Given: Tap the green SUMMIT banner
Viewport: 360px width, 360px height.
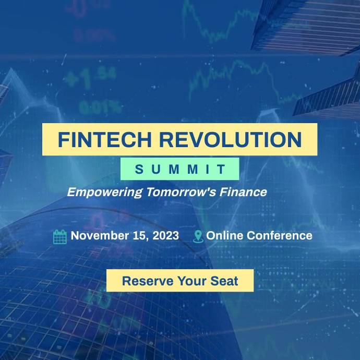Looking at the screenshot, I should (x=180, y=169).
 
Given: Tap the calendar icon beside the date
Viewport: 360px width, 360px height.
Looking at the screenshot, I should (x=60, y=236).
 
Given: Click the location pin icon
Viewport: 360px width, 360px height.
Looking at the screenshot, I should (x=198, y=236).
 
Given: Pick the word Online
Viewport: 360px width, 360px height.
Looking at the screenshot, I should (x=225, y=235).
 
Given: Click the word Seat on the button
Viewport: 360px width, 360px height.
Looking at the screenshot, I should (x=224, y=281).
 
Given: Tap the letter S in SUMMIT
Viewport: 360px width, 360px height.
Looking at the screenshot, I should (x=138, y=169).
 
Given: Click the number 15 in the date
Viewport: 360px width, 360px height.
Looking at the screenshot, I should (x=141, y=235).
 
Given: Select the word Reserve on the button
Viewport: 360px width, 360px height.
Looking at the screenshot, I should (x=147, y=281).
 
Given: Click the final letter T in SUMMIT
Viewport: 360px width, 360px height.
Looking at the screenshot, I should (x=222, y=169).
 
